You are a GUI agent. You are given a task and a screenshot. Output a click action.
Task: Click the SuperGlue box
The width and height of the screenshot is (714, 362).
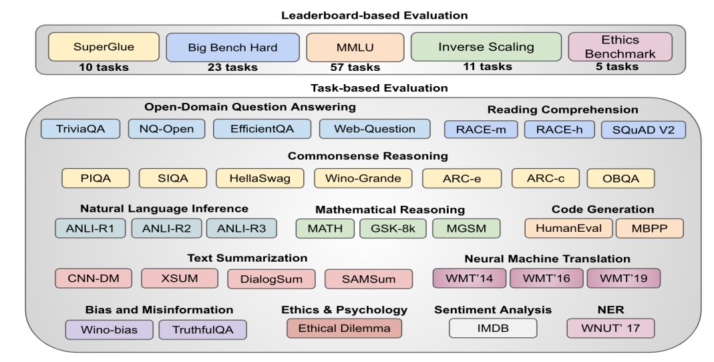(x=104, y=47)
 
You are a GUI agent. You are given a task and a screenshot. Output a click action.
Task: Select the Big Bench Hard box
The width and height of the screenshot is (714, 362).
(x=232, y=47)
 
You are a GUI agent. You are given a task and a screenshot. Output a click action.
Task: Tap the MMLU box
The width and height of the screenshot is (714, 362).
(x=355, y=47)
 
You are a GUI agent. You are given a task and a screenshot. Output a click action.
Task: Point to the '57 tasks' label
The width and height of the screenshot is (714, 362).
(x=355, y=67)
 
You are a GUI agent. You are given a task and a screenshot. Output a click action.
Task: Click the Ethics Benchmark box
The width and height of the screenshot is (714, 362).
(x=620, y=47)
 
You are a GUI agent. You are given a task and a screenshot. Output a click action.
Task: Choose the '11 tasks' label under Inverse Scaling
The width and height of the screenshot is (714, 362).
(x=487, y=66)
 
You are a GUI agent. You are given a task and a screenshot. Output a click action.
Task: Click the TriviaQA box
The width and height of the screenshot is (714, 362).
(x=80, y=129)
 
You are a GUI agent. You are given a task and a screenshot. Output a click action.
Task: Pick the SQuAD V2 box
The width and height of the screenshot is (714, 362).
(x=643, y=129)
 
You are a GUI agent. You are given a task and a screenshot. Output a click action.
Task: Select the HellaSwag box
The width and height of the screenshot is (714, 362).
(x=259, y=178)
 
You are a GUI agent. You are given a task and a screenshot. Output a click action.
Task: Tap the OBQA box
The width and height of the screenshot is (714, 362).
(x=620, y=178)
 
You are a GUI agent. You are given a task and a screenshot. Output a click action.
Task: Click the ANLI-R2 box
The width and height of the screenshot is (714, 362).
(x=166, y=228)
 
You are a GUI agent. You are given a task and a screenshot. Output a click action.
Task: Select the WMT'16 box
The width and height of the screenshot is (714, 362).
(x=546, y=278)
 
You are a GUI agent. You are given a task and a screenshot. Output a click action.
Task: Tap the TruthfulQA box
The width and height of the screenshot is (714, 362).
(x=203, y=329)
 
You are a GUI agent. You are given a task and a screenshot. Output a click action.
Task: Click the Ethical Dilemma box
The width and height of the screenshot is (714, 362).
(x=344, y=329)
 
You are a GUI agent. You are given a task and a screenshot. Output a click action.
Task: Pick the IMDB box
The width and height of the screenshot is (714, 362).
(x=493, y=329)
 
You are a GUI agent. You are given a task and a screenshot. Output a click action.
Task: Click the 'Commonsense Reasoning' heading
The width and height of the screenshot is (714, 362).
(x=368, y=156)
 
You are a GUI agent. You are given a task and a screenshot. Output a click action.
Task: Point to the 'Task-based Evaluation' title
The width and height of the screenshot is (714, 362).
(x=379, y=87)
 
